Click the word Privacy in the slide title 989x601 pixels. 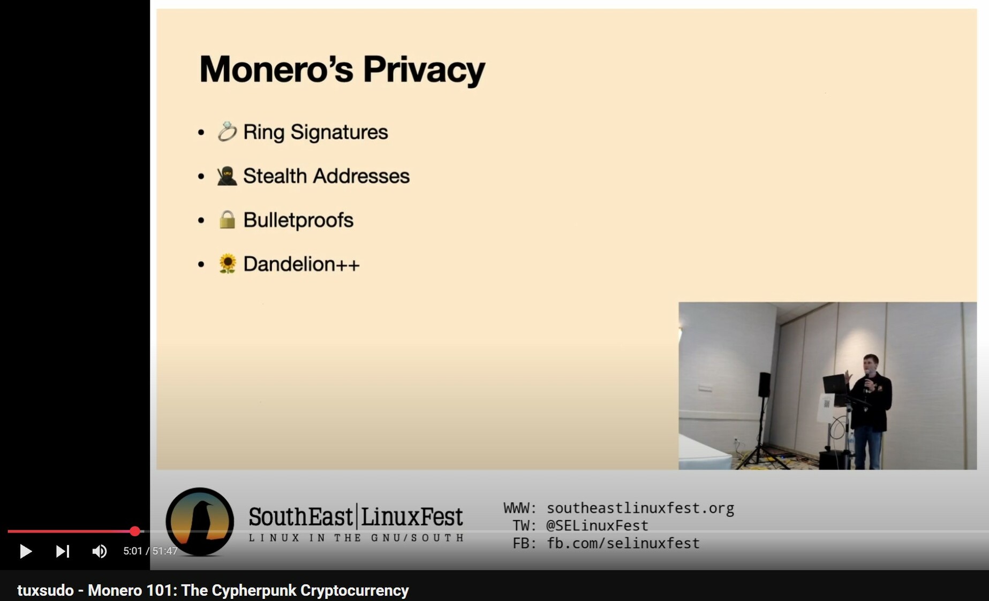tap(424, 70)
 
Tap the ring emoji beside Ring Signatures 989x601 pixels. tap(227, 132)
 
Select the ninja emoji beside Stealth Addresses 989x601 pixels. tap(227, 176)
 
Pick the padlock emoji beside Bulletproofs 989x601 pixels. tap(227, 219)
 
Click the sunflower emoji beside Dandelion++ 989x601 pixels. tap(227, 264)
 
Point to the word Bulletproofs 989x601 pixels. tap(298, 220)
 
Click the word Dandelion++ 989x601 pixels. tap(301, 264)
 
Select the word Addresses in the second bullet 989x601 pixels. tap(361, 176)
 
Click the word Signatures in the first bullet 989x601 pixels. tap(339, 133)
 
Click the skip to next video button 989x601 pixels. tap(63, 551)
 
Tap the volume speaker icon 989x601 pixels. tap(99, 551)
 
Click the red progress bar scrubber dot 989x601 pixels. tap(135, 531)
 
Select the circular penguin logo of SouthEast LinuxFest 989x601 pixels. tap(200, 521)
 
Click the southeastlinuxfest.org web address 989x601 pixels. tap(640, 508)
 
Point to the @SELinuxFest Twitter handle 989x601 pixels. tap(597, 526)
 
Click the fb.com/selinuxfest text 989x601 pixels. tap(623, 543)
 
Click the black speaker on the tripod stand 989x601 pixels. tap(764, 385)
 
